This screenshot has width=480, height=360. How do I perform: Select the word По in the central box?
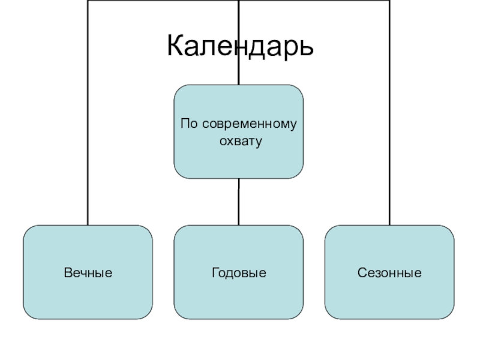189,124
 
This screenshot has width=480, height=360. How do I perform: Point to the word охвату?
238,142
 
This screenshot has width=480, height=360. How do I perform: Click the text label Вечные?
88,273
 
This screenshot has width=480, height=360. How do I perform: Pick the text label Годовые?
239,273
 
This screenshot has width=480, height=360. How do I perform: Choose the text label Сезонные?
389,273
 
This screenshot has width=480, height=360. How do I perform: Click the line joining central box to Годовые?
238,202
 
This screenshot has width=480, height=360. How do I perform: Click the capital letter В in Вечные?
67,273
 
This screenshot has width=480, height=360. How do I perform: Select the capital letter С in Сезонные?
362,273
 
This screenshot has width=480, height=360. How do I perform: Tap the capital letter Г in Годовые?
215,273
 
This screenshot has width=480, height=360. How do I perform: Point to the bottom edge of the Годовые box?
239,319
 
